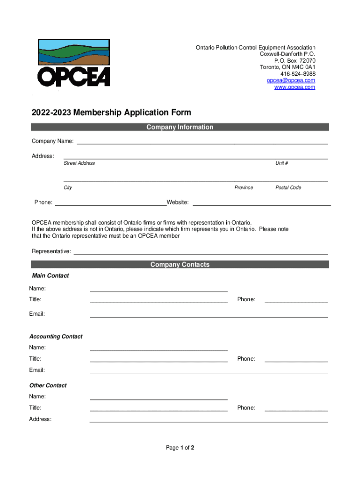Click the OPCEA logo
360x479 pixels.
point(74,63)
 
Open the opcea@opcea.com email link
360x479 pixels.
point(291,80)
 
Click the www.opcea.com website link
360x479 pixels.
point(295,87)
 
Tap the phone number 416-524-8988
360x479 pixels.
point(298,74)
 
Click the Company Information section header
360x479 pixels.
point(180,127)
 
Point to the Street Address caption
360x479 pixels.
point(79,163)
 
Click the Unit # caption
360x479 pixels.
point(281,163)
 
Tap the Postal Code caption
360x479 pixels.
point(288,188)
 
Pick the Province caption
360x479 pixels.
point(244,188)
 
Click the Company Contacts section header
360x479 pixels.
point(180,265)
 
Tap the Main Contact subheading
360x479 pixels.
point(50,276)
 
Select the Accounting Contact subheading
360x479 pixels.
point(56,337)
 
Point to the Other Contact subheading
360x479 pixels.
point(48,386)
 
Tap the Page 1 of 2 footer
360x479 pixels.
point(180,448)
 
